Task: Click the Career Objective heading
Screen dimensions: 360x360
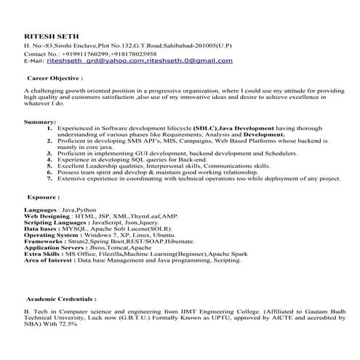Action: click(53, 76)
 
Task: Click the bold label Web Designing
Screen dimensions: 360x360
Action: click(47, 217)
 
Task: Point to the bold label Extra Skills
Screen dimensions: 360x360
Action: click(42, 254)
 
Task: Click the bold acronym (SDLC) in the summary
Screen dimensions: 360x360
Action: click(204, 127)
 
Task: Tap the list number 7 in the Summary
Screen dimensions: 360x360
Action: click(49, 178)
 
